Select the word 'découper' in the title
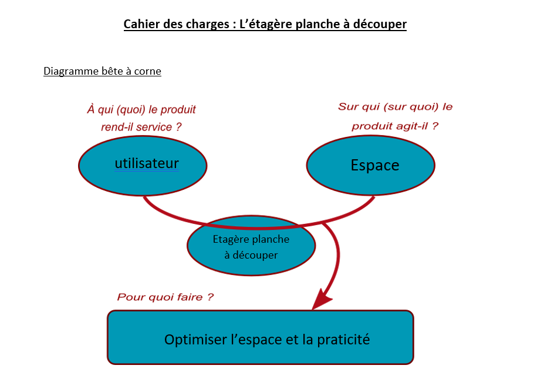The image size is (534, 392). point(380,24)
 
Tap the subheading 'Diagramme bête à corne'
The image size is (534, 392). point(102,71)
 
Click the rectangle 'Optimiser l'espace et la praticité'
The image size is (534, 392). point(261,353)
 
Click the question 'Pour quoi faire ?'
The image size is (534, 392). point(165,297)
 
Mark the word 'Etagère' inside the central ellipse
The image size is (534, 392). point(231,240)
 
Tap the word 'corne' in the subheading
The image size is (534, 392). point(147,71)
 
